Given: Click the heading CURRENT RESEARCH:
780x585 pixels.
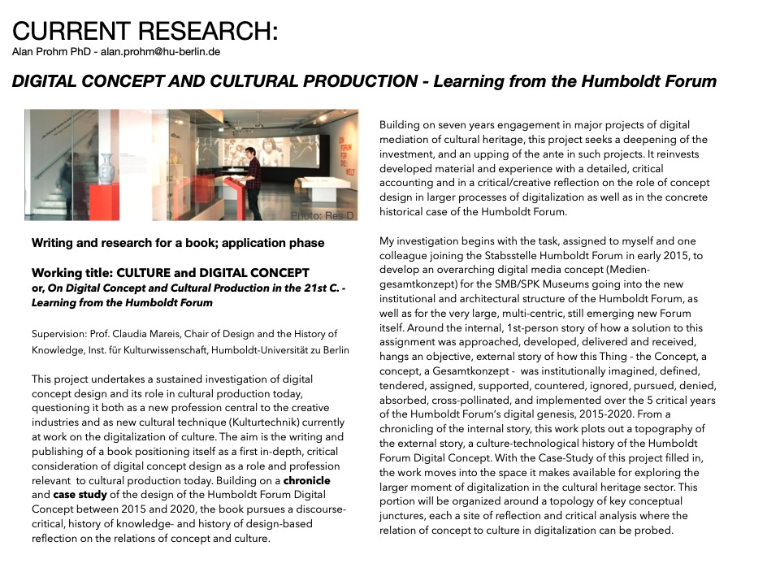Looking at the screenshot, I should [145, 32].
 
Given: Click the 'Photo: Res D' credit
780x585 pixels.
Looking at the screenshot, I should [323, 215].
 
